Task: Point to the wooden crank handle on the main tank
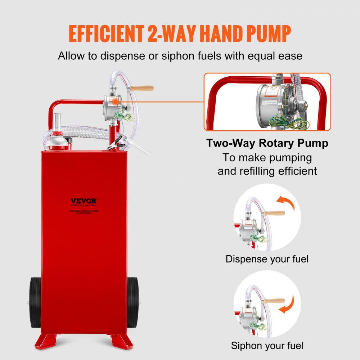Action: (x=142, y=88)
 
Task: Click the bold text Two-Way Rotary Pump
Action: (x=267, y=143)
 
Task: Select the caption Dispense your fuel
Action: (x=267, y=259)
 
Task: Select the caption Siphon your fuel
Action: (x=267, y=346)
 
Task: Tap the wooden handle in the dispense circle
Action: (x=274, y=213)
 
